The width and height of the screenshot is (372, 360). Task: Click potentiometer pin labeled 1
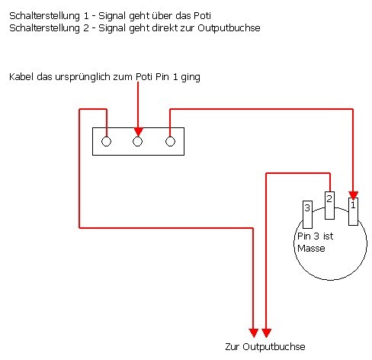353,211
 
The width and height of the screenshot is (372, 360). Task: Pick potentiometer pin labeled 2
329,205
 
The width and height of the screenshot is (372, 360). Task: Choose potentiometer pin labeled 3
307,214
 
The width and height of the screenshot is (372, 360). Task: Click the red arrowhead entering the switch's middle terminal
138,132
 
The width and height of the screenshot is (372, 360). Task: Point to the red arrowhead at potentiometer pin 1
353,196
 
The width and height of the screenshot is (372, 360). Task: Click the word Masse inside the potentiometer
311,249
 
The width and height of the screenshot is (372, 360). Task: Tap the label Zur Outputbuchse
265,347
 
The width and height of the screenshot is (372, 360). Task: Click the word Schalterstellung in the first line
44,16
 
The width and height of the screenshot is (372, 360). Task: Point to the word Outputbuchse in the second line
229,28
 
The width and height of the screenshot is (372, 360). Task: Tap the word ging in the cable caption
191,77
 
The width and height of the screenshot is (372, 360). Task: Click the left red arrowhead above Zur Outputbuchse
253,333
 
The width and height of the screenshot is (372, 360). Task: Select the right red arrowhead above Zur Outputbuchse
266,333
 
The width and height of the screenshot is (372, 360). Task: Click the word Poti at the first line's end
202,16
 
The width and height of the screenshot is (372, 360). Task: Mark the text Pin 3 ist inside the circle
315,236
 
